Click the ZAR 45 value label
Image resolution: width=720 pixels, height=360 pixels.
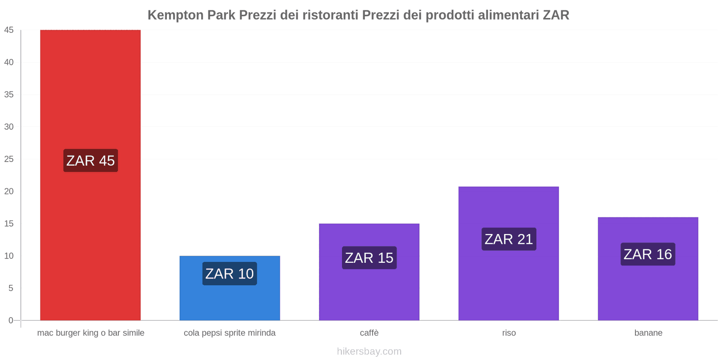point(90,161)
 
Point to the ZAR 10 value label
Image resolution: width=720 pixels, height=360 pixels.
point(229,274)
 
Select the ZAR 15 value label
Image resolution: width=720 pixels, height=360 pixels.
point(369,258)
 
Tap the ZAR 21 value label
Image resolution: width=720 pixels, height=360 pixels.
point(508,239)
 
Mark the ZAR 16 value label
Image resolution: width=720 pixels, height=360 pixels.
point(648,254)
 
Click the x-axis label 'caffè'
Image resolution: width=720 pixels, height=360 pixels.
point(369,333)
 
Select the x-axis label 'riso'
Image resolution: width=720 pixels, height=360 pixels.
point(509,333)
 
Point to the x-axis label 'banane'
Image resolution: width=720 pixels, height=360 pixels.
point(648,333)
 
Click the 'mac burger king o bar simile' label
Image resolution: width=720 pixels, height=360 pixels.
point(90,333)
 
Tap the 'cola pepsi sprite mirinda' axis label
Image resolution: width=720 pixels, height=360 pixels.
point(229,333)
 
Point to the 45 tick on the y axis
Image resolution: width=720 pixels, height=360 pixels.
point(9,30)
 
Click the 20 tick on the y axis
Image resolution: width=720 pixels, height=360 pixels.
point(9,191)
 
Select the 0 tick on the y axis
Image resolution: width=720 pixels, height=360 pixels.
point(11,320)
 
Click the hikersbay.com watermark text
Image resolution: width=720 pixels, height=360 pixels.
point(369,351)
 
